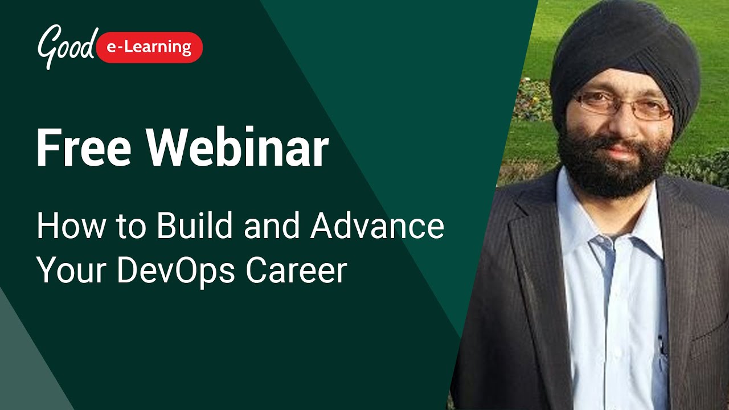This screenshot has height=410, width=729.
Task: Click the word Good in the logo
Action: (65, 46)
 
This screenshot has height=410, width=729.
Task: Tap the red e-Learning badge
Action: (150, 47)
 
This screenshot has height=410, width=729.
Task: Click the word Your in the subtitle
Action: (72, 270)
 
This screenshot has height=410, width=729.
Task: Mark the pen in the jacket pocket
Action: (662, 345)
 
